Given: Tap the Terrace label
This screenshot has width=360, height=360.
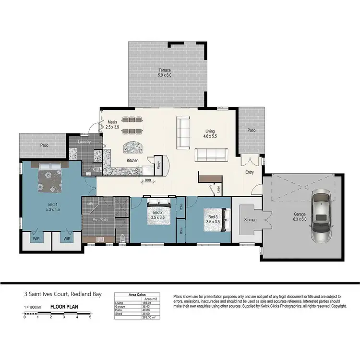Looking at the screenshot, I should [165, 72].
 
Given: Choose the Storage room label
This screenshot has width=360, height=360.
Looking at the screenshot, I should [250, 220].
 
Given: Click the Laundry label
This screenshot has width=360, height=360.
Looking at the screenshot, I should [84, 142].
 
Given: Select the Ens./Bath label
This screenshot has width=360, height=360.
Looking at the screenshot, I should [100, 220].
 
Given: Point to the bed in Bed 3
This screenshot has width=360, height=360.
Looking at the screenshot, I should [212, 219].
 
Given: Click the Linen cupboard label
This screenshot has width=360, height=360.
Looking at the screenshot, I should [219, 189].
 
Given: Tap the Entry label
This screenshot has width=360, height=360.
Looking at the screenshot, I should [249, 172].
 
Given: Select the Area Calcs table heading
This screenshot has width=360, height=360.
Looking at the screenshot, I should [138, 295].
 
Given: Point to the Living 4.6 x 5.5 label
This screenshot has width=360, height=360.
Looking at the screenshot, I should [210, 133].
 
